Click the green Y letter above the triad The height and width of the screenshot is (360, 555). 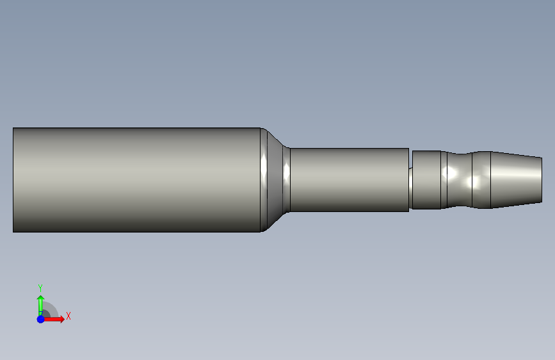click(x=40, y=288)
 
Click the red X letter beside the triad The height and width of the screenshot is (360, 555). click(x=68, y=316)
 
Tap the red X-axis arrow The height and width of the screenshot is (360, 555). click(x=54, y=319)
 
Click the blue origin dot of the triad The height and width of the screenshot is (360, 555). click(x=41, y=319)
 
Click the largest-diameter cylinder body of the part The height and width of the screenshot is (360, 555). click(x=136, y=180)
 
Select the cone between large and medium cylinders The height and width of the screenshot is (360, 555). click(x=275, y=180)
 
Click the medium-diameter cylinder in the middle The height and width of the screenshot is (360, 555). click(x=350, y=180)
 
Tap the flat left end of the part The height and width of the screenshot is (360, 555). click(x=13, y=180)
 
